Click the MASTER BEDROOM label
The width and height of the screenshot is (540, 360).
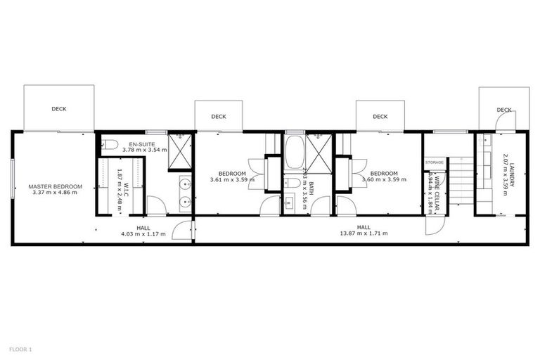(56, 186)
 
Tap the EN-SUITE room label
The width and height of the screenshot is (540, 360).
(142, 143)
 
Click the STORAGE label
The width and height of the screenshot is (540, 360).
(435, 162)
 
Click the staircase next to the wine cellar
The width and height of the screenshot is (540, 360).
(461, 181)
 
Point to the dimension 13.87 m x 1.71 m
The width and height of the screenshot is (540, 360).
(364, 234)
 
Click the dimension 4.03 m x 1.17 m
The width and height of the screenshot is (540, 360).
(143, 234)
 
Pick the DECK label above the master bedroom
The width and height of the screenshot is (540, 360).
(59, 109)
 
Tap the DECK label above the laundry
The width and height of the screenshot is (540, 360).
(504, 110)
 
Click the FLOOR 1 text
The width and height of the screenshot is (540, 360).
(20, 349)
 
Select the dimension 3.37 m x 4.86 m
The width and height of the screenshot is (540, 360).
(56, 193)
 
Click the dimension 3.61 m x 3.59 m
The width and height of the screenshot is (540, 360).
(232, 180)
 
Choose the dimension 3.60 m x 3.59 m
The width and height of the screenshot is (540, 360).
(384, 180)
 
